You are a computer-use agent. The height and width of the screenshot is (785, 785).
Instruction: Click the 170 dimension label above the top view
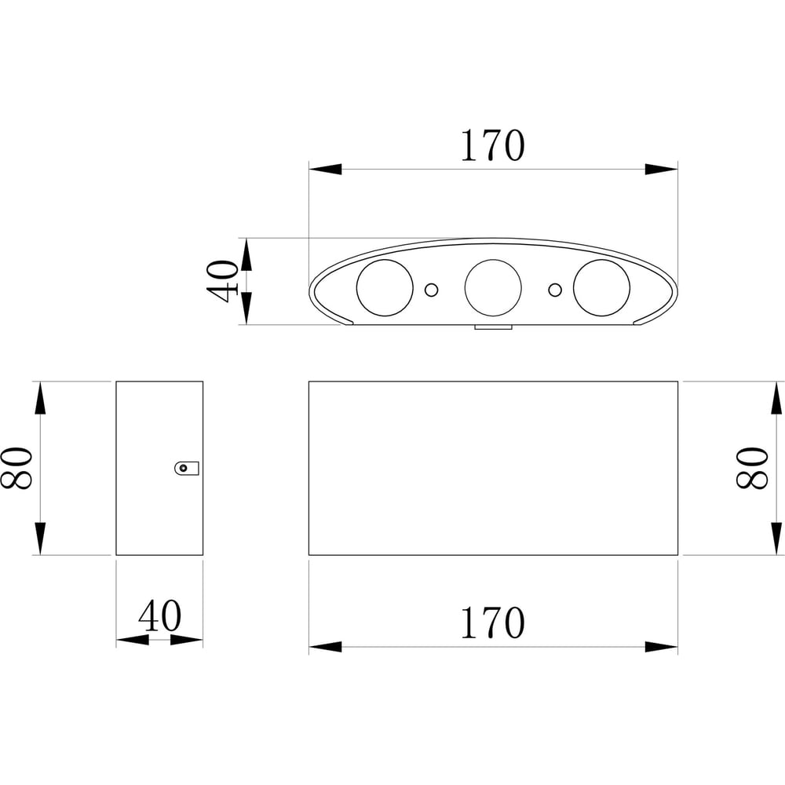(493, 146)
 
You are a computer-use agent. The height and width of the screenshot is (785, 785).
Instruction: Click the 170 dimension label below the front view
(493, 623)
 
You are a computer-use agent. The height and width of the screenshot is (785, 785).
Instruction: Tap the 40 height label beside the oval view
(222, 281)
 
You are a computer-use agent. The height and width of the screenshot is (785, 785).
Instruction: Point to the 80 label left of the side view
(16, 468)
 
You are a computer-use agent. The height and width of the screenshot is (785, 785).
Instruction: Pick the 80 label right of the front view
(751, 468)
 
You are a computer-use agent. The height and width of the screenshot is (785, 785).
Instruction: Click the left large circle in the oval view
(385, 288)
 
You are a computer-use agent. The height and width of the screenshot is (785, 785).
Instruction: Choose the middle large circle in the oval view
(493, 288)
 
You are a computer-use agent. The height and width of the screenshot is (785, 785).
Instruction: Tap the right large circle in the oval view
(602, 288)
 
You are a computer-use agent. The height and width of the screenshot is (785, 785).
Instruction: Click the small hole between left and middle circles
(431, 290)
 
